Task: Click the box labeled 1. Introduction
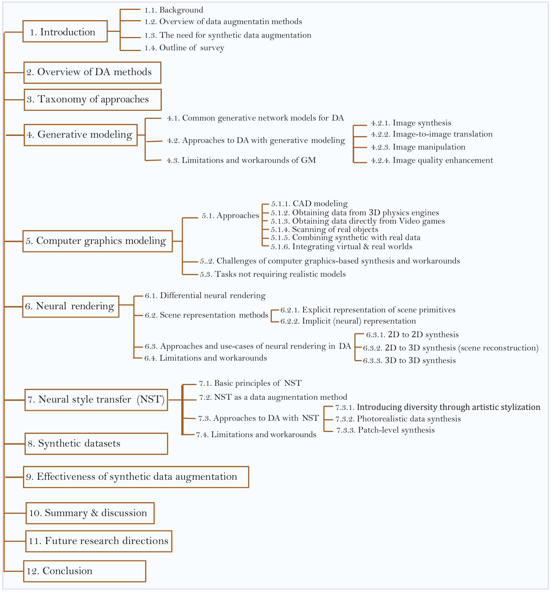click(x=65, y=31)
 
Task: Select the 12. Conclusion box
click(x=85, y=571)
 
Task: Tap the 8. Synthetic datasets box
click(x=96, y=443)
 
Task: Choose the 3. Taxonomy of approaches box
click(x=93, y=100)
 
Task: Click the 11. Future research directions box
click(x=99, y=541)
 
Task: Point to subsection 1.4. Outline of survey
click(x=184, y=48)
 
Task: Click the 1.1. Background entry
click(x=174, y=10)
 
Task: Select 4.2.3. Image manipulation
click(x=418, y=147)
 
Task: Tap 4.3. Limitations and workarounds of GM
click(x=241, y=160)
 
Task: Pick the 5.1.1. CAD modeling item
click(x=309, y=204)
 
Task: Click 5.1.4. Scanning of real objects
click(x=325, y=230)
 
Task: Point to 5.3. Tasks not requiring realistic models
click(x=273, y=274)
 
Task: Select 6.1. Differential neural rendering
click(x=205, y=296)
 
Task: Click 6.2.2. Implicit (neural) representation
click(x=348, y=321)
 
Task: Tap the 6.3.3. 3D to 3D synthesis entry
click(x=409, y=361)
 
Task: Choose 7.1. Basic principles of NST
click(x=250, y=383)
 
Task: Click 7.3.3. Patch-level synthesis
click(x=385, y=430)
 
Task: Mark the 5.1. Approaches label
click(x=230, y=216)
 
